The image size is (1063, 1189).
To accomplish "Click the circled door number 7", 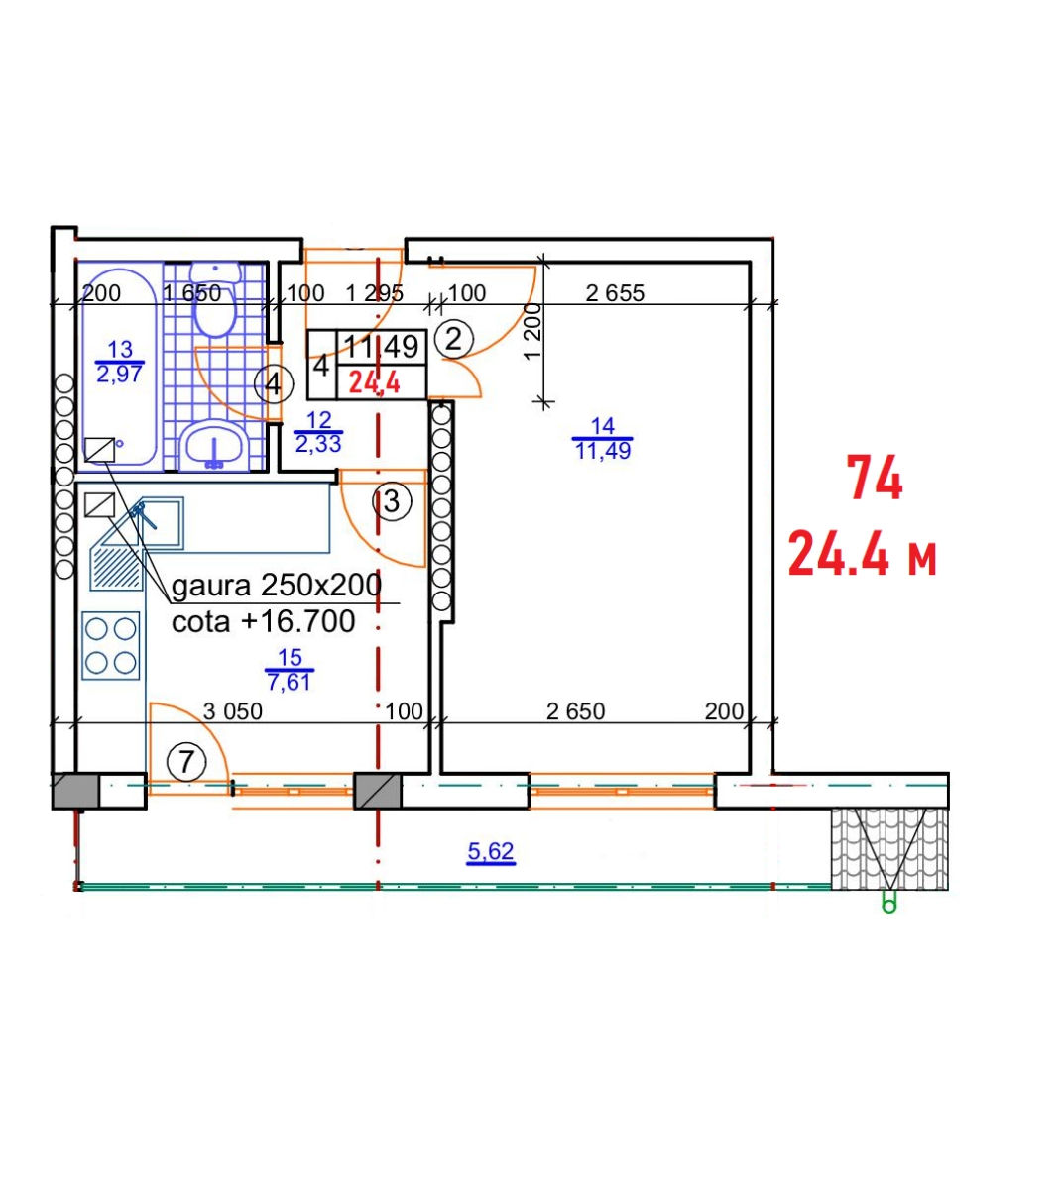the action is [x=186, y=762].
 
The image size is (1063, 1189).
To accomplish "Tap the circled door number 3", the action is [x=392, y=501].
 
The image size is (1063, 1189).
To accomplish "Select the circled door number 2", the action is [x=453, y=339].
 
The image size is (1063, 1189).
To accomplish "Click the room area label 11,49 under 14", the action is [x=603, y=451].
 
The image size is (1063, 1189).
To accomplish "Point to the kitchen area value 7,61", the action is [x=289, y=682].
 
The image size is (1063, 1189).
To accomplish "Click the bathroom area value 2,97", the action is [x=119, y=374].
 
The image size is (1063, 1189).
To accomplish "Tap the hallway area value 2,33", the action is [x=317, y=444].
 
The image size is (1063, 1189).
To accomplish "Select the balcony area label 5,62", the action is [x=491, y=850].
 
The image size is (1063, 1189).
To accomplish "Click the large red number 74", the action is [x=874, y=478].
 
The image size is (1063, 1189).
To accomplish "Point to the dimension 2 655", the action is [x=615, y=293].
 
